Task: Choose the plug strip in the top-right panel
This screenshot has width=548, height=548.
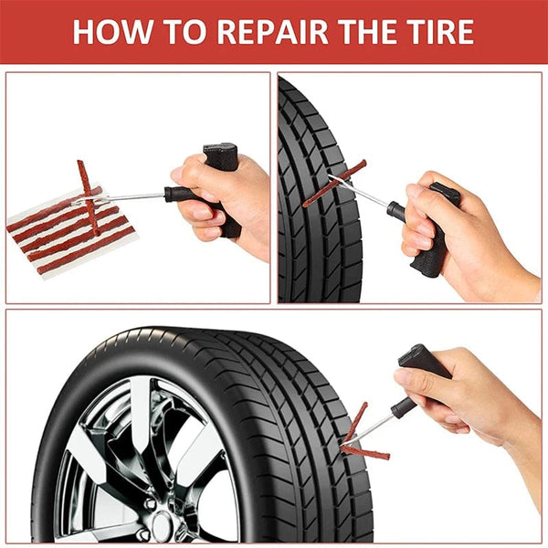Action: click(334, 183)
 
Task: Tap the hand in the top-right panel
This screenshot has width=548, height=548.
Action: click(457, 237)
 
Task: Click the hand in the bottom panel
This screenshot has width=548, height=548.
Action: click(466, 393)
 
